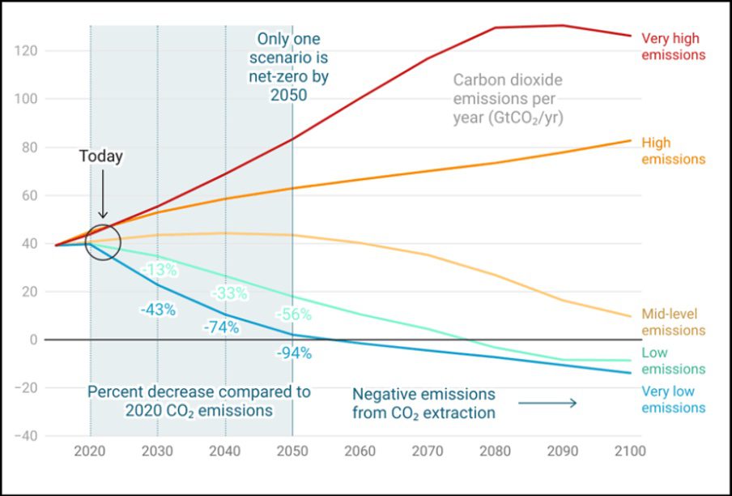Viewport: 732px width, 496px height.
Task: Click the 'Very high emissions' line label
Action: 673,46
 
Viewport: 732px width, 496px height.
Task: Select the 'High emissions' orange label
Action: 673,151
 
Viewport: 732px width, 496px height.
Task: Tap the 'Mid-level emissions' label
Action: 673,322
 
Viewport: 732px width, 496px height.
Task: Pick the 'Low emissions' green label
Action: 673,361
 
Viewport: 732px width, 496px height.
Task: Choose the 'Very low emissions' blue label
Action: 673,400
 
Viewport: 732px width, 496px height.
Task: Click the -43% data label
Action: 157,310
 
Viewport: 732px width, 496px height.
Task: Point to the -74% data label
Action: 220,327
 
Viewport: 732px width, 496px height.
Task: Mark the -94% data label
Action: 293,353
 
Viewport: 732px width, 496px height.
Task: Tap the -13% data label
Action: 159,269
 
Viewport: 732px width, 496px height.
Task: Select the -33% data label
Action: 229,293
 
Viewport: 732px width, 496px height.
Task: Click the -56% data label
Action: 293,314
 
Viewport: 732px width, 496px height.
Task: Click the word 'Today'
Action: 100,156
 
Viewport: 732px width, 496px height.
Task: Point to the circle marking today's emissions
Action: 102,242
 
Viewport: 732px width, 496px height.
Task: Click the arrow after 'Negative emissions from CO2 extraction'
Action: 547,403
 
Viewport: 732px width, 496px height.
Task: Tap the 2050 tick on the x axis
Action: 292,451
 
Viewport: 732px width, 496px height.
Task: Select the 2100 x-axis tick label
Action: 628,451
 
